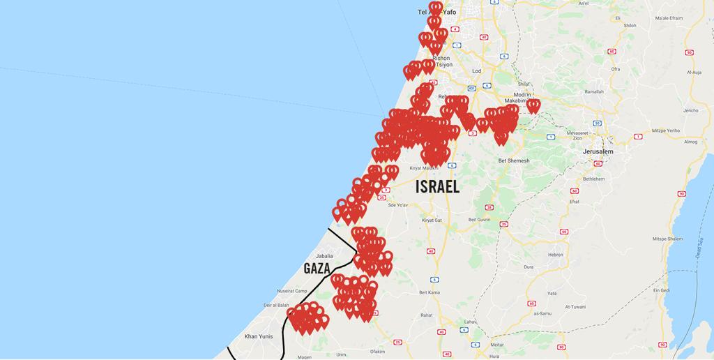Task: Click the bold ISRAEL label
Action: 437,187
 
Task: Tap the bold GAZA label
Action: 317,269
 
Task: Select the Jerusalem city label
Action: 598,151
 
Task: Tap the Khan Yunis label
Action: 258,336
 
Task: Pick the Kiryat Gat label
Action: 432,220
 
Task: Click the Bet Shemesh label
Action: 514,160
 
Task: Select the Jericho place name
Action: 690,110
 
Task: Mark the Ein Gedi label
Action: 661,290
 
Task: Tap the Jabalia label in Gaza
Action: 325,256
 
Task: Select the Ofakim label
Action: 378,352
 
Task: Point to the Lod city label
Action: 477,71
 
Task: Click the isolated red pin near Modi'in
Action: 533,105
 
